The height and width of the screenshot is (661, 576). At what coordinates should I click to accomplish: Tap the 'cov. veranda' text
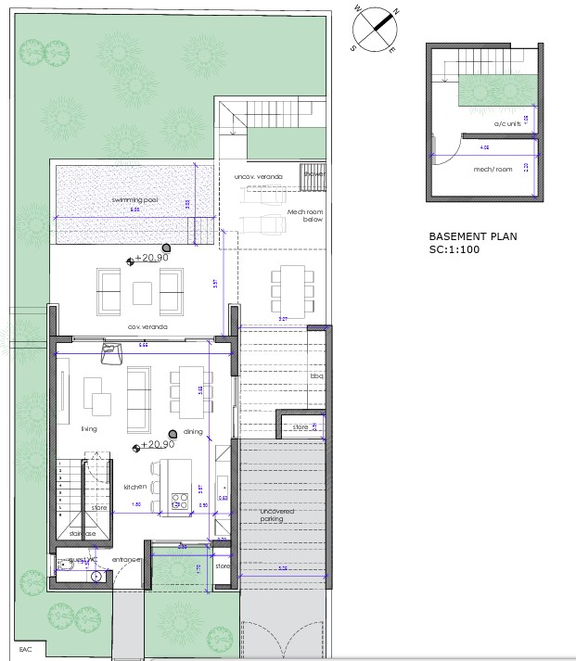146,326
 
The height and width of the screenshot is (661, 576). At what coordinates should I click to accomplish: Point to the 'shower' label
315,173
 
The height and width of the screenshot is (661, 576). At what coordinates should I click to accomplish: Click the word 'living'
89,429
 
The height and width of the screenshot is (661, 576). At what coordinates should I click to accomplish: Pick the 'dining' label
193,431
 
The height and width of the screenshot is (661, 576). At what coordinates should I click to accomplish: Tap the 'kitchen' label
135,487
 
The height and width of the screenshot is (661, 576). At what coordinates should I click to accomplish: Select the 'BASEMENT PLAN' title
473,236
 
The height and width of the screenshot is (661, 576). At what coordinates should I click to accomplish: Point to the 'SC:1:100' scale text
455,250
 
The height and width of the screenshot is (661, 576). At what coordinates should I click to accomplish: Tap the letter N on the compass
396,12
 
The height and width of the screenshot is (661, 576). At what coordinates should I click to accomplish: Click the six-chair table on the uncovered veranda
288,288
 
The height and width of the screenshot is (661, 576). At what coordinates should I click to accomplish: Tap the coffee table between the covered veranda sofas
142,292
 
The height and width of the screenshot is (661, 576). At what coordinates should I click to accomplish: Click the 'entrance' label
126,560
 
